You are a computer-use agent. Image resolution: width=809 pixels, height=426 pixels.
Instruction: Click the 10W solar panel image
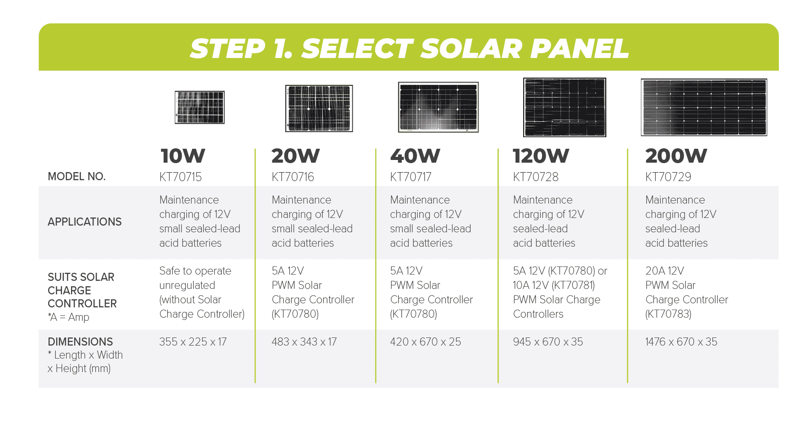coord(200,107)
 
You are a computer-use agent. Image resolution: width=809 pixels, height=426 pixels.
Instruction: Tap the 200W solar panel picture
coord(704,107)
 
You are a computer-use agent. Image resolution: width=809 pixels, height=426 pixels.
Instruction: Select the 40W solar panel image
coord(438,107)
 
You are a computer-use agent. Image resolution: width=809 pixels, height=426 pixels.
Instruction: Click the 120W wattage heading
coord(541,156)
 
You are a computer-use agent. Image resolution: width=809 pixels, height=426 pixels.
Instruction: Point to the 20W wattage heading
coord(296,156)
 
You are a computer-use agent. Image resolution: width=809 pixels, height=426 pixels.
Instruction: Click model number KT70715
coord(181,177)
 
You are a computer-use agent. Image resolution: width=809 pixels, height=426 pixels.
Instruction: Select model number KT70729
coord(668,177)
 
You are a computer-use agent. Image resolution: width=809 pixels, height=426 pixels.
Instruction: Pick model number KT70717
coord(411,177)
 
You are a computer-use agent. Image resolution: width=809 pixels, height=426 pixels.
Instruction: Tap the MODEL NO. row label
coord(77,177)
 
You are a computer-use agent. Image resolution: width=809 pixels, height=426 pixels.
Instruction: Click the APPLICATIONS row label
coord(84,222)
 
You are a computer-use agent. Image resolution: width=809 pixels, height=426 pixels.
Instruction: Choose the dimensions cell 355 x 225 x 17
coord(193,342)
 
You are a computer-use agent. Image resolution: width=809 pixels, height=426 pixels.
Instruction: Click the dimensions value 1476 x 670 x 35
coord(681,342)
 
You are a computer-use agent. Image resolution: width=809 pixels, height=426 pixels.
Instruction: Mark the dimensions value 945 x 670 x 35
coord(548,342)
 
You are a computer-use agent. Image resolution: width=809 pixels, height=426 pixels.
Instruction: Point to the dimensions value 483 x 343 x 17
coord(304,342)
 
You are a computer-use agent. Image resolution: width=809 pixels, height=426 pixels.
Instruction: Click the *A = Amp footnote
coord(69,317)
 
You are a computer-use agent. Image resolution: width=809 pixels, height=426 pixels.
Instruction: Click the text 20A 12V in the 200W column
coord(665,271)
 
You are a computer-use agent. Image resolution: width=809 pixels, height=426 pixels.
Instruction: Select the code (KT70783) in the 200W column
coord(668,314)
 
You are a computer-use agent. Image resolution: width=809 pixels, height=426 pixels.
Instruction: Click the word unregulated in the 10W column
coord(187,286)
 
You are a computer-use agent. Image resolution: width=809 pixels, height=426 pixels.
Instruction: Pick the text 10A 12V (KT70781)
coord(554,285)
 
